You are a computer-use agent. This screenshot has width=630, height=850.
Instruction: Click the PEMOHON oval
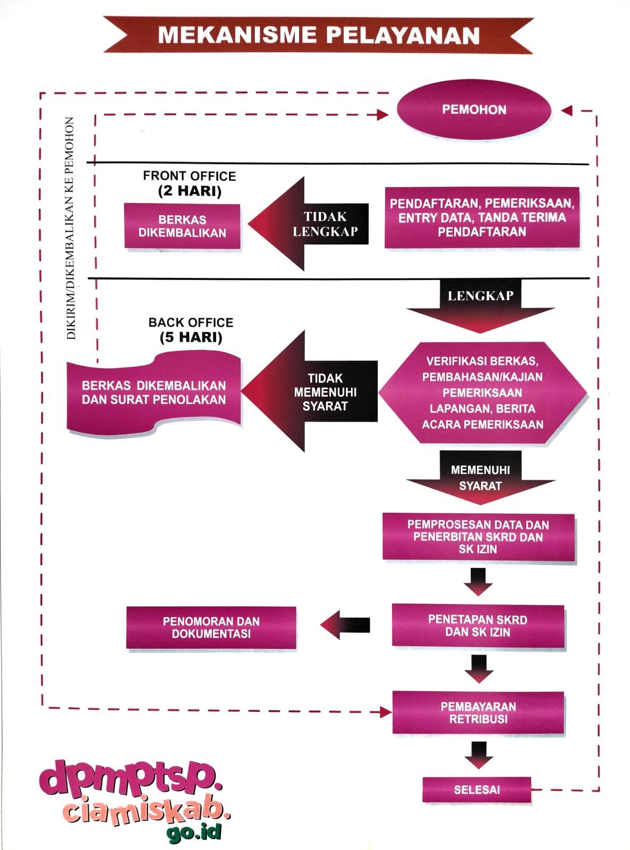tap(474, 110)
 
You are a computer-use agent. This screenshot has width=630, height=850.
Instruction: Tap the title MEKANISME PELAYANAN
tap(319, 35)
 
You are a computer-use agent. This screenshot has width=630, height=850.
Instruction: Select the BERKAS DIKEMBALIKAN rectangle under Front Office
tap(182, 226)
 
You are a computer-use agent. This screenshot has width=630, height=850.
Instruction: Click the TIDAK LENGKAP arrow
tap(308, 224)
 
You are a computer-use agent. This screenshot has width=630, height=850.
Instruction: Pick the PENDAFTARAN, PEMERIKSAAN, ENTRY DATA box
tap(481, 218)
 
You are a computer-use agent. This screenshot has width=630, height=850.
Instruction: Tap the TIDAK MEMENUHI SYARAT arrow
tap(311, 392)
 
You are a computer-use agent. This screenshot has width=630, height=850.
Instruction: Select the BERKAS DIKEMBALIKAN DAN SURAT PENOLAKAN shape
tap(154, 393)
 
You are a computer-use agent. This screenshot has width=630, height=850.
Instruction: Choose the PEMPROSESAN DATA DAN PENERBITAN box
tap(478, 537)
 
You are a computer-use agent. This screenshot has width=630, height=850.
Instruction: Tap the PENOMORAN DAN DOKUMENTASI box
tap(211, 628)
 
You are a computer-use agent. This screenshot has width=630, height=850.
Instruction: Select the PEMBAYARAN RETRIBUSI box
tap(478, 713)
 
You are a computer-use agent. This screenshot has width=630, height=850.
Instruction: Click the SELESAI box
tap(476, 790)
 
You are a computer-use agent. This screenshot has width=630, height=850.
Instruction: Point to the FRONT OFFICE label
tap(189, 176)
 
